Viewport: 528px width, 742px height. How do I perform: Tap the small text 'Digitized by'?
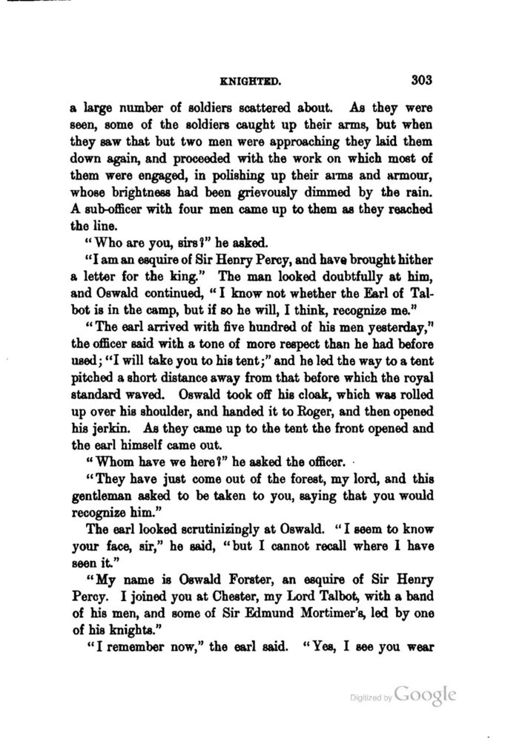(370, 698)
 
